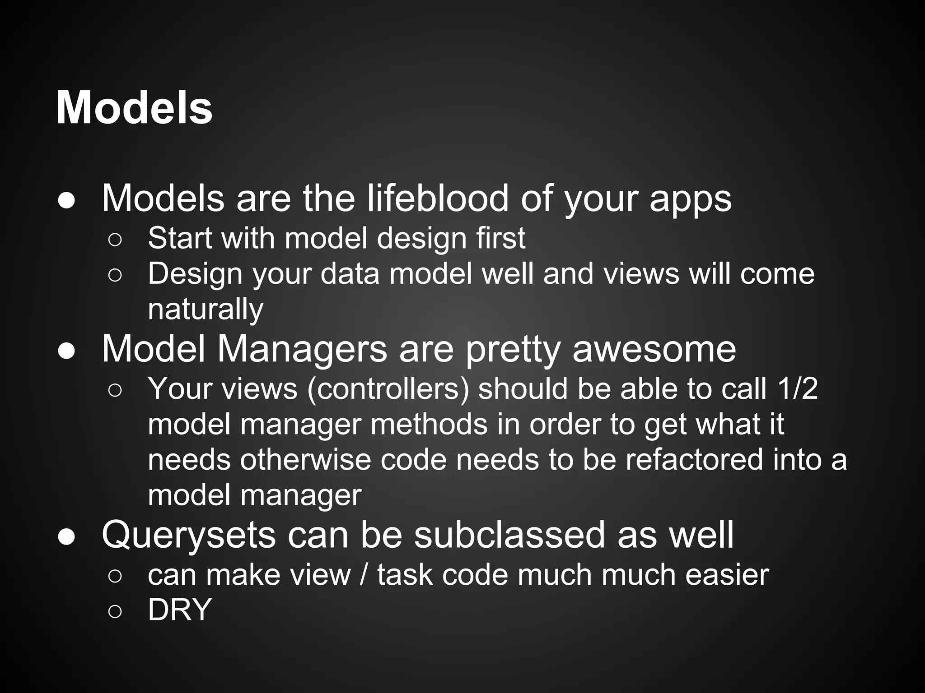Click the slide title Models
tap(134, 108)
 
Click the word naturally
tap(206, 310)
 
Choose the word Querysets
tap(188, 535)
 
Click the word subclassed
tap(509, 535)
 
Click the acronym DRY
tap(180, 610)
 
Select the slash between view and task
tap(364, 575)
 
